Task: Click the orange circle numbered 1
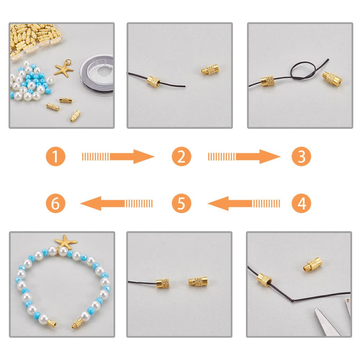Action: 55,156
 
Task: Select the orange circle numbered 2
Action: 181,156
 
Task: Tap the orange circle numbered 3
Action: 301,156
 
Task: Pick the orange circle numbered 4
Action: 301,203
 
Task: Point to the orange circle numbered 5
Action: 181,203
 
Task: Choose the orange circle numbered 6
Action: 55,203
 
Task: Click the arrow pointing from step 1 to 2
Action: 118,157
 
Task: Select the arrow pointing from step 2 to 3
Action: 244,157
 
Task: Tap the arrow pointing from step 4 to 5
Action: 244,203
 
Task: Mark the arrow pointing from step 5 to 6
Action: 116,203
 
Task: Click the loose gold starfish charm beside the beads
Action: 64,69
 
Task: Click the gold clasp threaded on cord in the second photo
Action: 153,82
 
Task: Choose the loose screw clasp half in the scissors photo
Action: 312,265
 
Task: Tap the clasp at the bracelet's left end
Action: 52,323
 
